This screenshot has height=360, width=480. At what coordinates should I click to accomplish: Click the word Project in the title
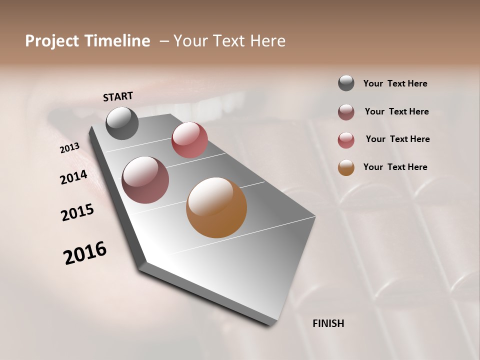52,41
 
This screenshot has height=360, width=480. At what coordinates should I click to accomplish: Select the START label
118,96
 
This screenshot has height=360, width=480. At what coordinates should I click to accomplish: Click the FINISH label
328,323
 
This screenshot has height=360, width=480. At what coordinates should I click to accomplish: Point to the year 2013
69,148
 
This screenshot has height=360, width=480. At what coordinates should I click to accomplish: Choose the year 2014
73,177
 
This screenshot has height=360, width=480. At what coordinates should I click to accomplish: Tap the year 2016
85,253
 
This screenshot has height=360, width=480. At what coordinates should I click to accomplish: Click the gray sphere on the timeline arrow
122,123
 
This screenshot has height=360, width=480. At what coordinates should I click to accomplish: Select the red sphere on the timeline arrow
189,140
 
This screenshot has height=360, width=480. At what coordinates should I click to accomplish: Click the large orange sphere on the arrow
216,207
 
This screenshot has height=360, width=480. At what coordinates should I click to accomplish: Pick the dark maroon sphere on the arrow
145,180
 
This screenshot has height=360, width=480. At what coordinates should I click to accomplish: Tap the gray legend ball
346,83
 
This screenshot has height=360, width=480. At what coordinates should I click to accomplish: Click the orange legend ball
346,167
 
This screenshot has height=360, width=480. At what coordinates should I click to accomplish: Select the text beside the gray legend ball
395,83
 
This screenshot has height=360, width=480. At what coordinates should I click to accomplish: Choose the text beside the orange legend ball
395,167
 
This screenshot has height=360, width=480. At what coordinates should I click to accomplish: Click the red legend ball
346,140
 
